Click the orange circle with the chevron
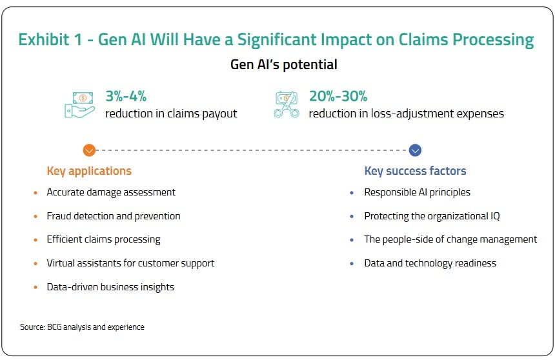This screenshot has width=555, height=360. coord(89,150)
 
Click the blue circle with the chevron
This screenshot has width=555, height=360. coord(416,150)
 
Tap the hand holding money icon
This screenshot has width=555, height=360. coord(79,104)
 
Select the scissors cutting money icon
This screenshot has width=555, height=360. coord(287,104)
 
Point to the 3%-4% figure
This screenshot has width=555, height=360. coord(126,97)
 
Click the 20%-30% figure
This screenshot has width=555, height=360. coord(338,97)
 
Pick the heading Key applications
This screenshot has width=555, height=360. coord(89,171)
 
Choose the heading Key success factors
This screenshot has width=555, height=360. coord(415,171)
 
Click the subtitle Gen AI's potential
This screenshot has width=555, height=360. coord(284,65)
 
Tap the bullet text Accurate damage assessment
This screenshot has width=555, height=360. coord(111,192)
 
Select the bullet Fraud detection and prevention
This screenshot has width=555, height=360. coord(114,216)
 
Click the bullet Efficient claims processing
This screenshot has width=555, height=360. coord(103,239)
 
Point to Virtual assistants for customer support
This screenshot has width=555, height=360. coord(130,263)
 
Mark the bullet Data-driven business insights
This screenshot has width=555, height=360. coord(110,287)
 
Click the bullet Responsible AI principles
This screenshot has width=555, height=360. coord(417,192)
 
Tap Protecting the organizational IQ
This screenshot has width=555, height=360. coord(432,216)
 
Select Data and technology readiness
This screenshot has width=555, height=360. coord(430,263)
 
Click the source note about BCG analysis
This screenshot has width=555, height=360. coord(82,327)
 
